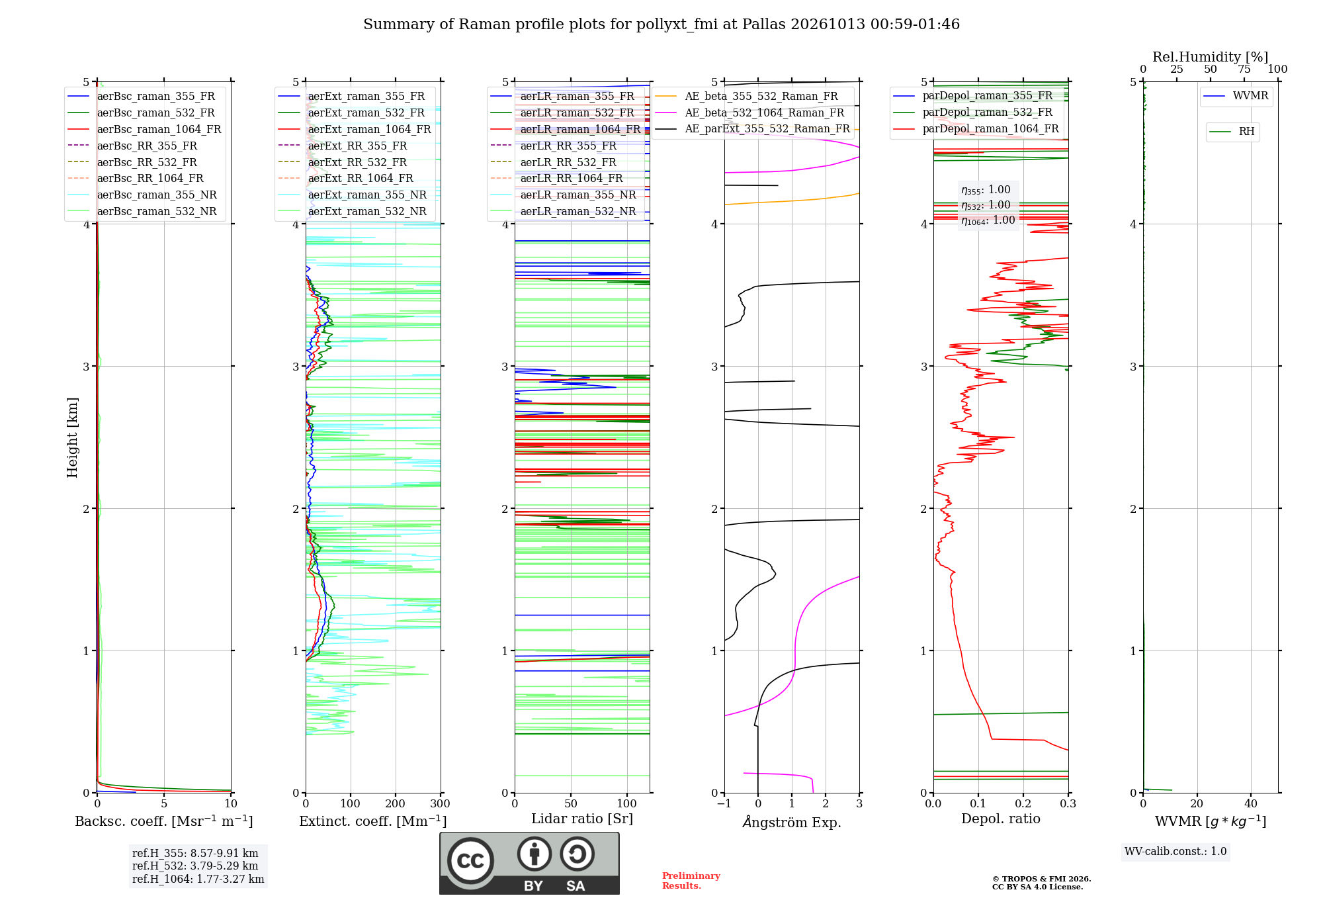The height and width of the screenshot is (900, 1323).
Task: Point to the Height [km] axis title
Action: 72,437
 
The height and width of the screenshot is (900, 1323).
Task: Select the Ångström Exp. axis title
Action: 792,822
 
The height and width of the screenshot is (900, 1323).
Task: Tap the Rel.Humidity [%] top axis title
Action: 1211,57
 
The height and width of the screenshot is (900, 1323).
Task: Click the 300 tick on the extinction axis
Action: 440,803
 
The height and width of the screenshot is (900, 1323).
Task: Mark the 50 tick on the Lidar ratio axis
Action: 571,803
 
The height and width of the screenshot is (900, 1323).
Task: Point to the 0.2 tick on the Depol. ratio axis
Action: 1023,803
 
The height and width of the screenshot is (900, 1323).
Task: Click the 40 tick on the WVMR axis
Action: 1251,803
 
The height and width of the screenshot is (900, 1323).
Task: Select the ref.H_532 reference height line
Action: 195,866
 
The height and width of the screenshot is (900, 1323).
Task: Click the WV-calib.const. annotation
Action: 1175,851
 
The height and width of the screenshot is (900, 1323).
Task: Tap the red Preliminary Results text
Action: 691,881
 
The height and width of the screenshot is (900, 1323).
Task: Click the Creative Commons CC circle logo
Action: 470,860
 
